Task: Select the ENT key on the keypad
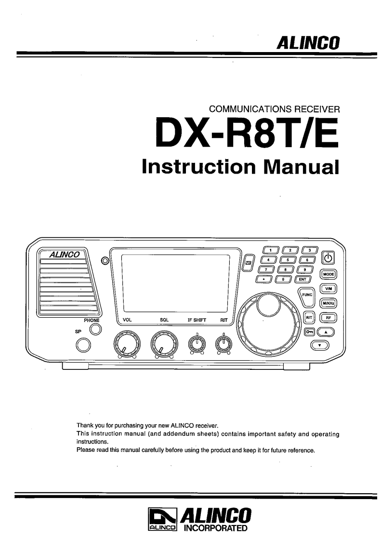click(303, 279)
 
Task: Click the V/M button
click(329, 289)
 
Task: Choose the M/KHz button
click(329, 303)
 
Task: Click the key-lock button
click(309, 332)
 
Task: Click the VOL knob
click(126, 343)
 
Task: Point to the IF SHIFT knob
click(196, 343)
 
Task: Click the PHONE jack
click(96, 329)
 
